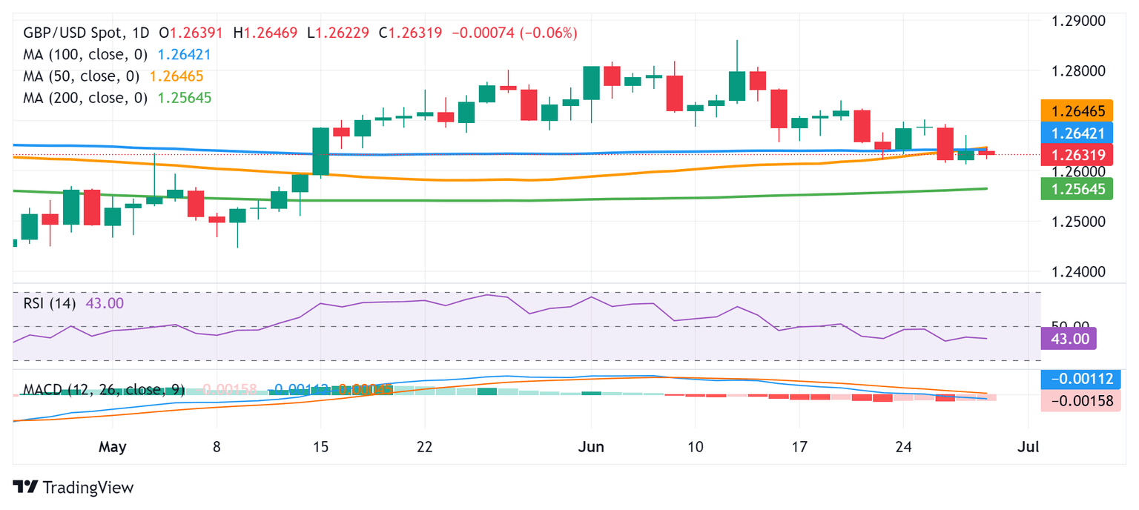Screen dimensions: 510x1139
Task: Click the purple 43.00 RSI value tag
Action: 1069,338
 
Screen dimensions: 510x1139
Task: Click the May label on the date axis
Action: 113,447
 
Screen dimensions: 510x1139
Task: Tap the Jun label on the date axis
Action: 591,447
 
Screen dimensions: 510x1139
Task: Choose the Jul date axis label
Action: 1029,447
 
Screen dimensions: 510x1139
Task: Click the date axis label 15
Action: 320,447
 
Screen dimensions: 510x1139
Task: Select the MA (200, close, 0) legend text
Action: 85,98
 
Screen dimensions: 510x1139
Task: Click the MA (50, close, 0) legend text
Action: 81,76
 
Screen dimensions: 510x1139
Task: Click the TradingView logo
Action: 73,487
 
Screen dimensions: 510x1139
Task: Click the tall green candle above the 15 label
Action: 320,151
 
